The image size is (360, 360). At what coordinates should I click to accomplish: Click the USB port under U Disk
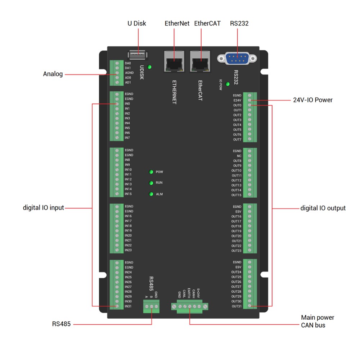[x=138, y=55]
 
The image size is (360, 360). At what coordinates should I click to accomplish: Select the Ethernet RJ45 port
[x=174, y=62]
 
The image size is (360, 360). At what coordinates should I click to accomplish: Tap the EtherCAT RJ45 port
[x=200, y=62]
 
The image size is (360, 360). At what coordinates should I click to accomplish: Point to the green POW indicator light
[x=151, y=172]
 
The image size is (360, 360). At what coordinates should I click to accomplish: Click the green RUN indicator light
[x=151, y=183]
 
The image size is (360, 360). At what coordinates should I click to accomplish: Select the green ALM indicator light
[x=151, y=194]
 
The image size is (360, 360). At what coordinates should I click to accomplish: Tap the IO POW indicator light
[x=228, y=84]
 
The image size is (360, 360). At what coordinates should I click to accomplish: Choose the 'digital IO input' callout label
[x=44, y=208]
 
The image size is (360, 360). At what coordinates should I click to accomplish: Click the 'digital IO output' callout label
[x=323, y=208]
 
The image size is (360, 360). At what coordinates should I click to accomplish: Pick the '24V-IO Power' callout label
[x=312, y=100]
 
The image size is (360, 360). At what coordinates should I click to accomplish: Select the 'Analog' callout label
[x=53, y=74]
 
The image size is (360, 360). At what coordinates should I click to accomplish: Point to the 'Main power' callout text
[x=318, y=318]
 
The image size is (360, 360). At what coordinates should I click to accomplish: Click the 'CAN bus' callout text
[x=313, y=325]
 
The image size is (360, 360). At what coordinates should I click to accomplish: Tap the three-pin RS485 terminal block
[x=151, y=306]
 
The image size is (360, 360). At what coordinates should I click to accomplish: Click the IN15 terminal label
[x=128, y=194]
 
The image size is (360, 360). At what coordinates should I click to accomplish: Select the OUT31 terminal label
[x=237, y=306]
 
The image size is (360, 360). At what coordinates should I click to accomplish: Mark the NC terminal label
[x=239, y=156]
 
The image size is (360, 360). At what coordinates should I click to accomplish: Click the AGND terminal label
[x=129, y=73]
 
